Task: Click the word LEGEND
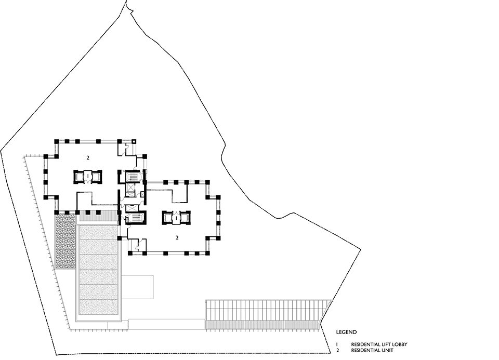click(x=346, y=332)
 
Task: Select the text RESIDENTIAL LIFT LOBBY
click(x=379, y=344)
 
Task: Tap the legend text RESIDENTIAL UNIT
click(x=372, y=351)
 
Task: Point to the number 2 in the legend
click(x=337, y=351)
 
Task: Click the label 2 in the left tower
click(x=88, y=157)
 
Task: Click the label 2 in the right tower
click(x=177, y=237)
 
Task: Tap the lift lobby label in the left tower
click(x=88, y=176)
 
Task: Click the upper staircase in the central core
click(x=132, y=176)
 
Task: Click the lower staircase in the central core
click(x=136, y=218)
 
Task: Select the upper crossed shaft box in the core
click(x=131, y=186)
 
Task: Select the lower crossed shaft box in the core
click(x=131, y=208)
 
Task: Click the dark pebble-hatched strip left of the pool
click(x=65, y=241)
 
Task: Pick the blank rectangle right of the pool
click(x=137, y=287)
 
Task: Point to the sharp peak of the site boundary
click(x=127, y=1)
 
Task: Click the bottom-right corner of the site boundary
click(x=331, y=353)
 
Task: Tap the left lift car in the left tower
click(x=79, y=177)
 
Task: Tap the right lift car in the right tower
click(x=185, y=218)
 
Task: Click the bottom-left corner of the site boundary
click(x=56, y=355)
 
